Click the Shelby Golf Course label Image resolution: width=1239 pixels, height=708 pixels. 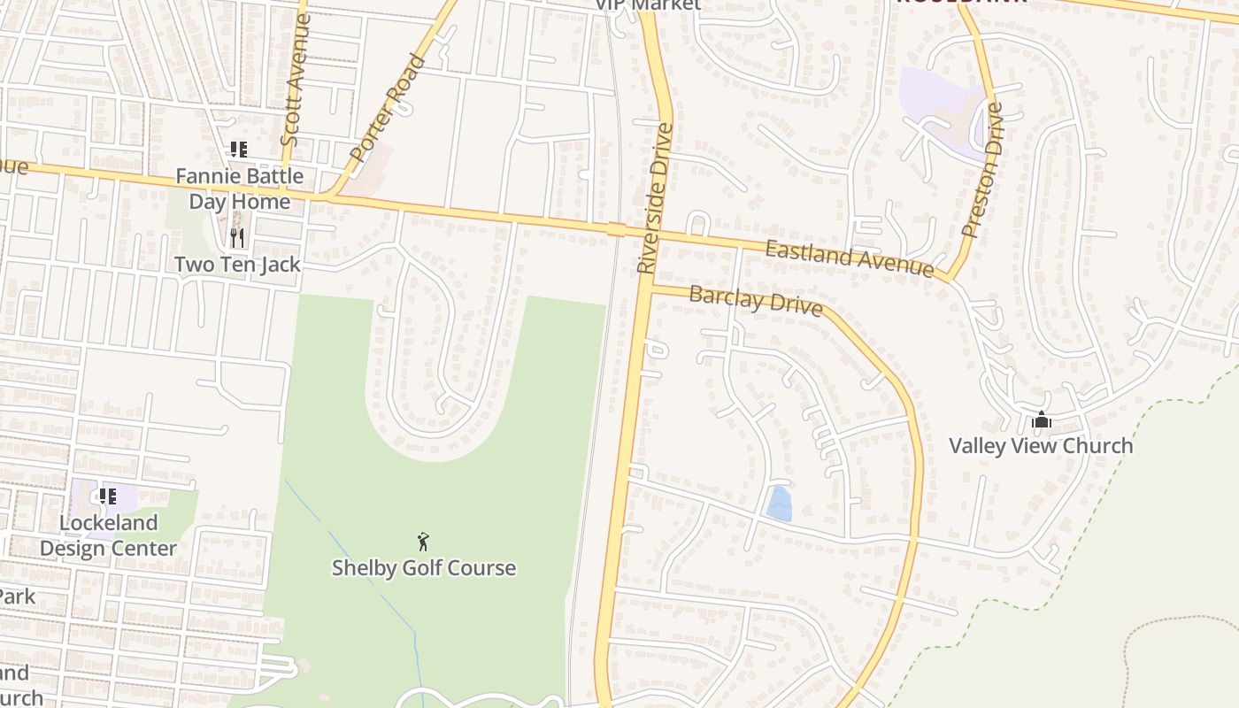click(x=423, y=567)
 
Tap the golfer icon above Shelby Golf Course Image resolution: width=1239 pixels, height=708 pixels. click(x=424, y=541)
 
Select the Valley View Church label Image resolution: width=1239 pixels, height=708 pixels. click(x=1041, y=445)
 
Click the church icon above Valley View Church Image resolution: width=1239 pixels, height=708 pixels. click(x=1042, y=419)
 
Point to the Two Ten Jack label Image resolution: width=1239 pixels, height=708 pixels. click(x=237, y=264)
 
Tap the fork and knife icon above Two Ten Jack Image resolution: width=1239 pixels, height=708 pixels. click(x=237, y=237)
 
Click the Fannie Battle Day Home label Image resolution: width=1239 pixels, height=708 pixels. click(x=239, y=189)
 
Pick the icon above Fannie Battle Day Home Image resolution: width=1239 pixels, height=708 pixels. click(x=238, y=150)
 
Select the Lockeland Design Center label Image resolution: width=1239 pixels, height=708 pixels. click(x=108, y=535)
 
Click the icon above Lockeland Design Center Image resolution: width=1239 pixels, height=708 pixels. click(x=108, y=496)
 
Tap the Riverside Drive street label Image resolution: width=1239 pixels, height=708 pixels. click(x=656, y=197)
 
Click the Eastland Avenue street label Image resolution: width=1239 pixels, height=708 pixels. click(x=850, y=258)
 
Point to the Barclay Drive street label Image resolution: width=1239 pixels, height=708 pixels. click(x=756, y=300)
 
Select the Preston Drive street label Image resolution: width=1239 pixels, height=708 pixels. click(x=982, y=170)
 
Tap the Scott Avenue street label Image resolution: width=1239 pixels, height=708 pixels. click(x=295, y=80)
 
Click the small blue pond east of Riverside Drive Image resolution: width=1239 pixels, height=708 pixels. click(x=780, y=504)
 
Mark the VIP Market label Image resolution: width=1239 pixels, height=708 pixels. click(x=647, y=4)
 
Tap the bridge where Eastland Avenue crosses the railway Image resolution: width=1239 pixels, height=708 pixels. click(x=616, y=230)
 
